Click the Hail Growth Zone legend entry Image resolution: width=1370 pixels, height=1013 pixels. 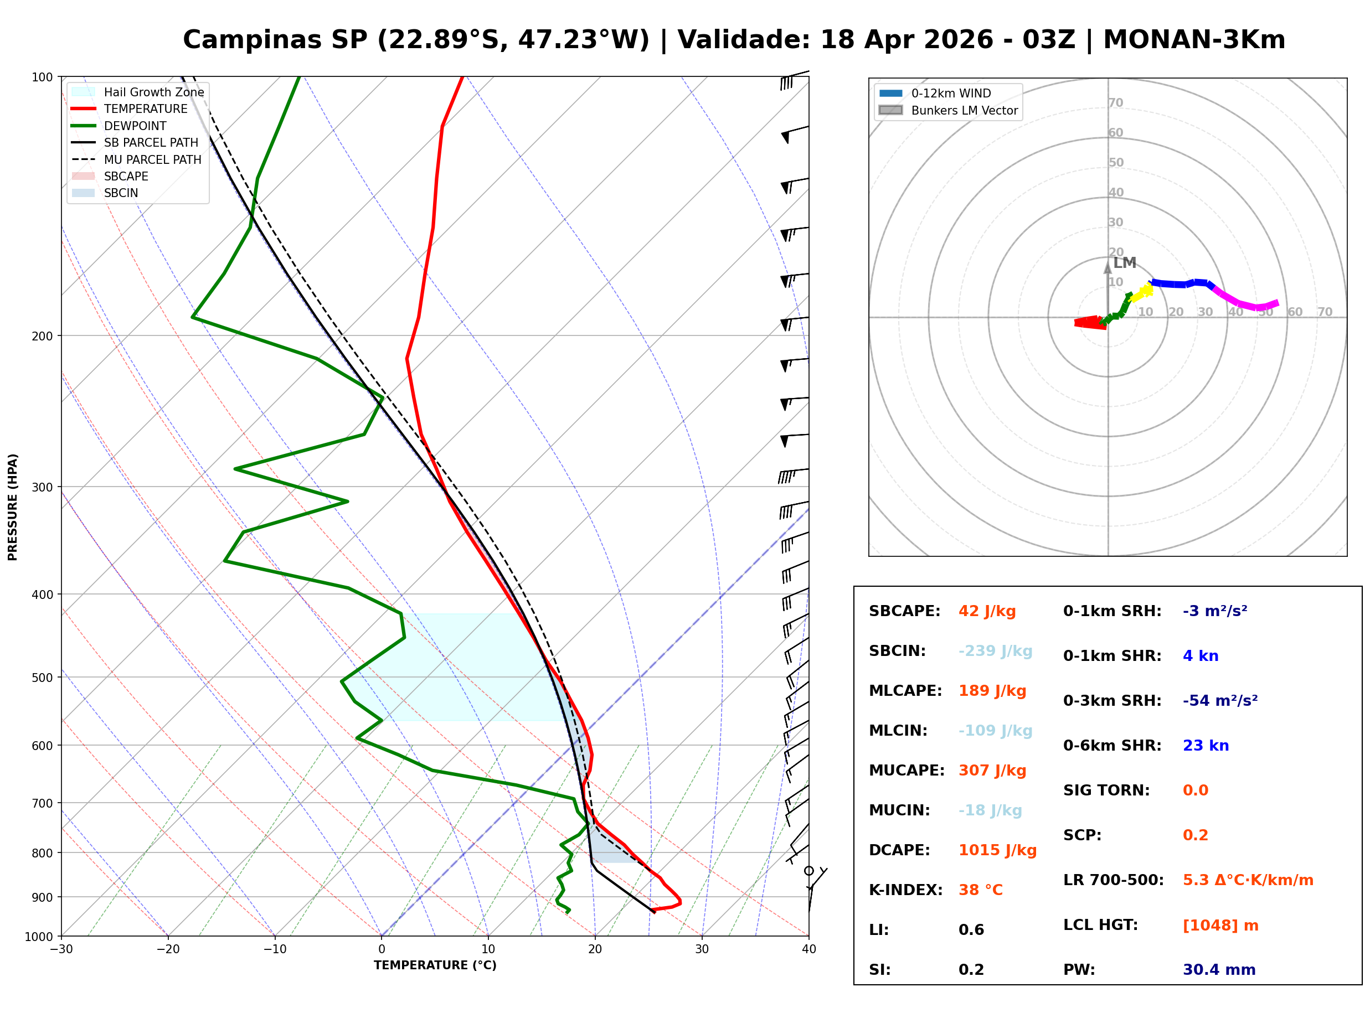138,92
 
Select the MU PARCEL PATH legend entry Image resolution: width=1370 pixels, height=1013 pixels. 137,159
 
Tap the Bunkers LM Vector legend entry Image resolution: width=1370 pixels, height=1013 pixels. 948,110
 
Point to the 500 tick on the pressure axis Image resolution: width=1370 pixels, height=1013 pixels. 42,678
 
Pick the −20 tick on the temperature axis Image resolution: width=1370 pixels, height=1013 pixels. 168,949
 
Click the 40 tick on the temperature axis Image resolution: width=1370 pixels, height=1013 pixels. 809,949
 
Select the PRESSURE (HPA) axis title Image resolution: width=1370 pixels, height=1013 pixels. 13,507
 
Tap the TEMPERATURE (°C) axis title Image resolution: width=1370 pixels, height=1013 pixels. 435,965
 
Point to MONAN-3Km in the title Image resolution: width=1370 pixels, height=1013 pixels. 1194,40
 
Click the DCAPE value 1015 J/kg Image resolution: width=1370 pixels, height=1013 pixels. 998,850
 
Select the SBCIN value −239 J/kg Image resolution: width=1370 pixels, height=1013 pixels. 995,651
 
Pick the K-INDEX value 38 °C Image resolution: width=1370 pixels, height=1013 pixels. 981,890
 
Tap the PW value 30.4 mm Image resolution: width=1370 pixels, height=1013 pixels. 1219,970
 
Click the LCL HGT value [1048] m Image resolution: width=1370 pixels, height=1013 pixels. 1220,926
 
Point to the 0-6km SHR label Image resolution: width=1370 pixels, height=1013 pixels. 1113,746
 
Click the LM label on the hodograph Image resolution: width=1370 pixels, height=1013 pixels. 1125,263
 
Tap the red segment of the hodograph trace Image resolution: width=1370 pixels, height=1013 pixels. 1090,323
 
